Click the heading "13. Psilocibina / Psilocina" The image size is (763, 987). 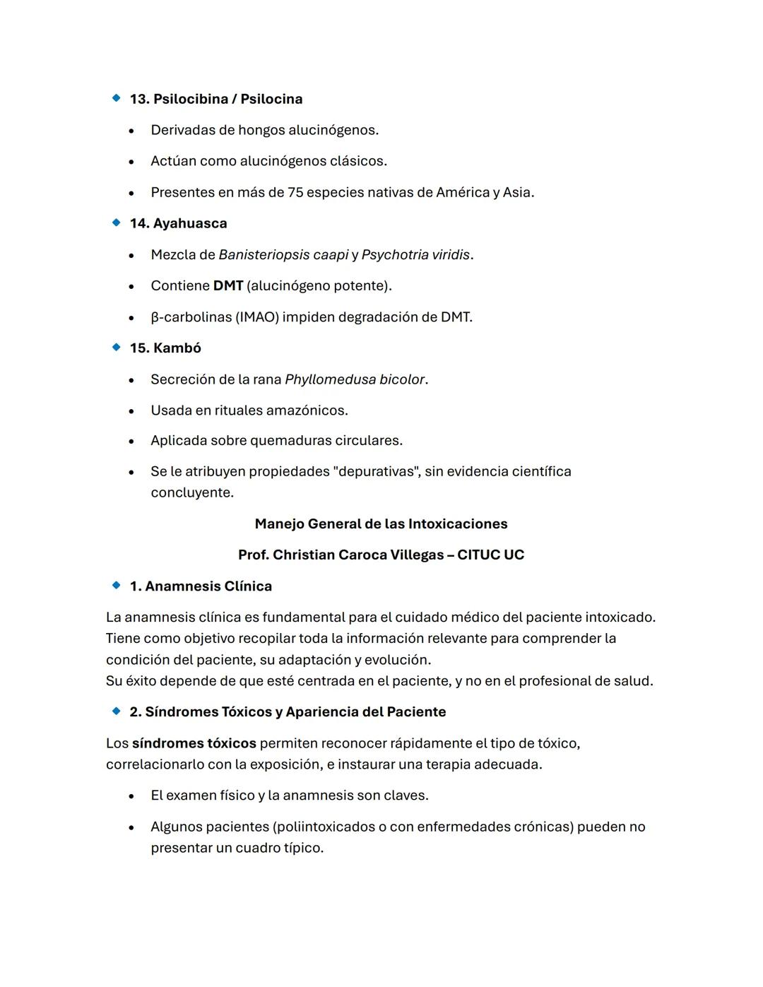click(x=215, y=99)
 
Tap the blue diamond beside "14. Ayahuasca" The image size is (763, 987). click(x=117, y=223)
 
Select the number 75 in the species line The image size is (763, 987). click(x=295, y=192)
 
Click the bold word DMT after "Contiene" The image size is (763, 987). click(x=227, y=285)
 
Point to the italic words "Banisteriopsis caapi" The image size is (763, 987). click(x=283, y=254)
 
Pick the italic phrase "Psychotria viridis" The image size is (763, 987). click(x=415, y=254)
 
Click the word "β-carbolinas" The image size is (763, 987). click(x=191, y=317)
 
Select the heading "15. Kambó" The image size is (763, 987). click(x=165, y=348)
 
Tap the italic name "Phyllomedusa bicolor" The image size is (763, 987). click(x=355, y=379)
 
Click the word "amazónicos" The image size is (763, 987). click(x=311, y=410)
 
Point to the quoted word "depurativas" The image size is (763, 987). click(x=376, y=471)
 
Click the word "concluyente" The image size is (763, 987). click(x=191, y=492)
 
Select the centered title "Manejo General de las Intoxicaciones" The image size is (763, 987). click(x=381, y=524)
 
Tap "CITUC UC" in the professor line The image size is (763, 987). click(x=490, y=555)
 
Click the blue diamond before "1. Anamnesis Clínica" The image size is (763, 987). click(x=117, y=586)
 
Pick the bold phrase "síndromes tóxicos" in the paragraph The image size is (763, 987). click(x=194, y=743)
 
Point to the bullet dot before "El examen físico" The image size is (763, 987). click(x=131, y=796)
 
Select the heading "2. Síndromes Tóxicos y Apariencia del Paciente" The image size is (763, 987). click(x=288, y=711)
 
